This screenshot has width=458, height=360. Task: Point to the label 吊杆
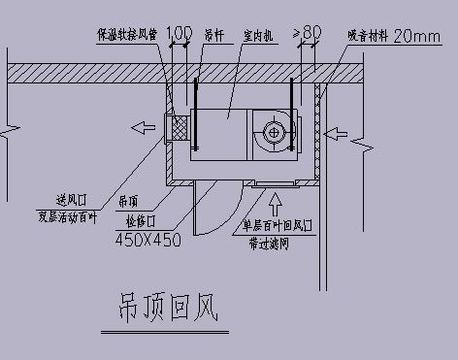(213, 36)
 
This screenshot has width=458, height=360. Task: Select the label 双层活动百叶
(68, 217)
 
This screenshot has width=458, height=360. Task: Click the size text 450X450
(148, 239)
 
